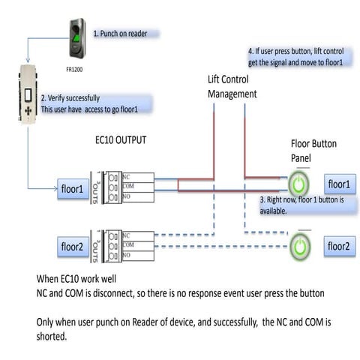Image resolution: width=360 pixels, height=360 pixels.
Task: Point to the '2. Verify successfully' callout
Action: (94, 103)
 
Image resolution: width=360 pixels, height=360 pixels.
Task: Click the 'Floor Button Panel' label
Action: (307, 152)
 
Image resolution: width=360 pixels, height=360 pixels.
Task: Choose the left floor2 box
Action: (74, 245)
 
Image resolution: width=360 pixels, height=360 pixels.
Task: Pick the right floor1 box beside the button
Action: (338, 184)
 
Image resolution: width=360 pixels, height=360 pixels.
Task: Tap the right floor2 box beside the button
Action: (338, 244)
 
